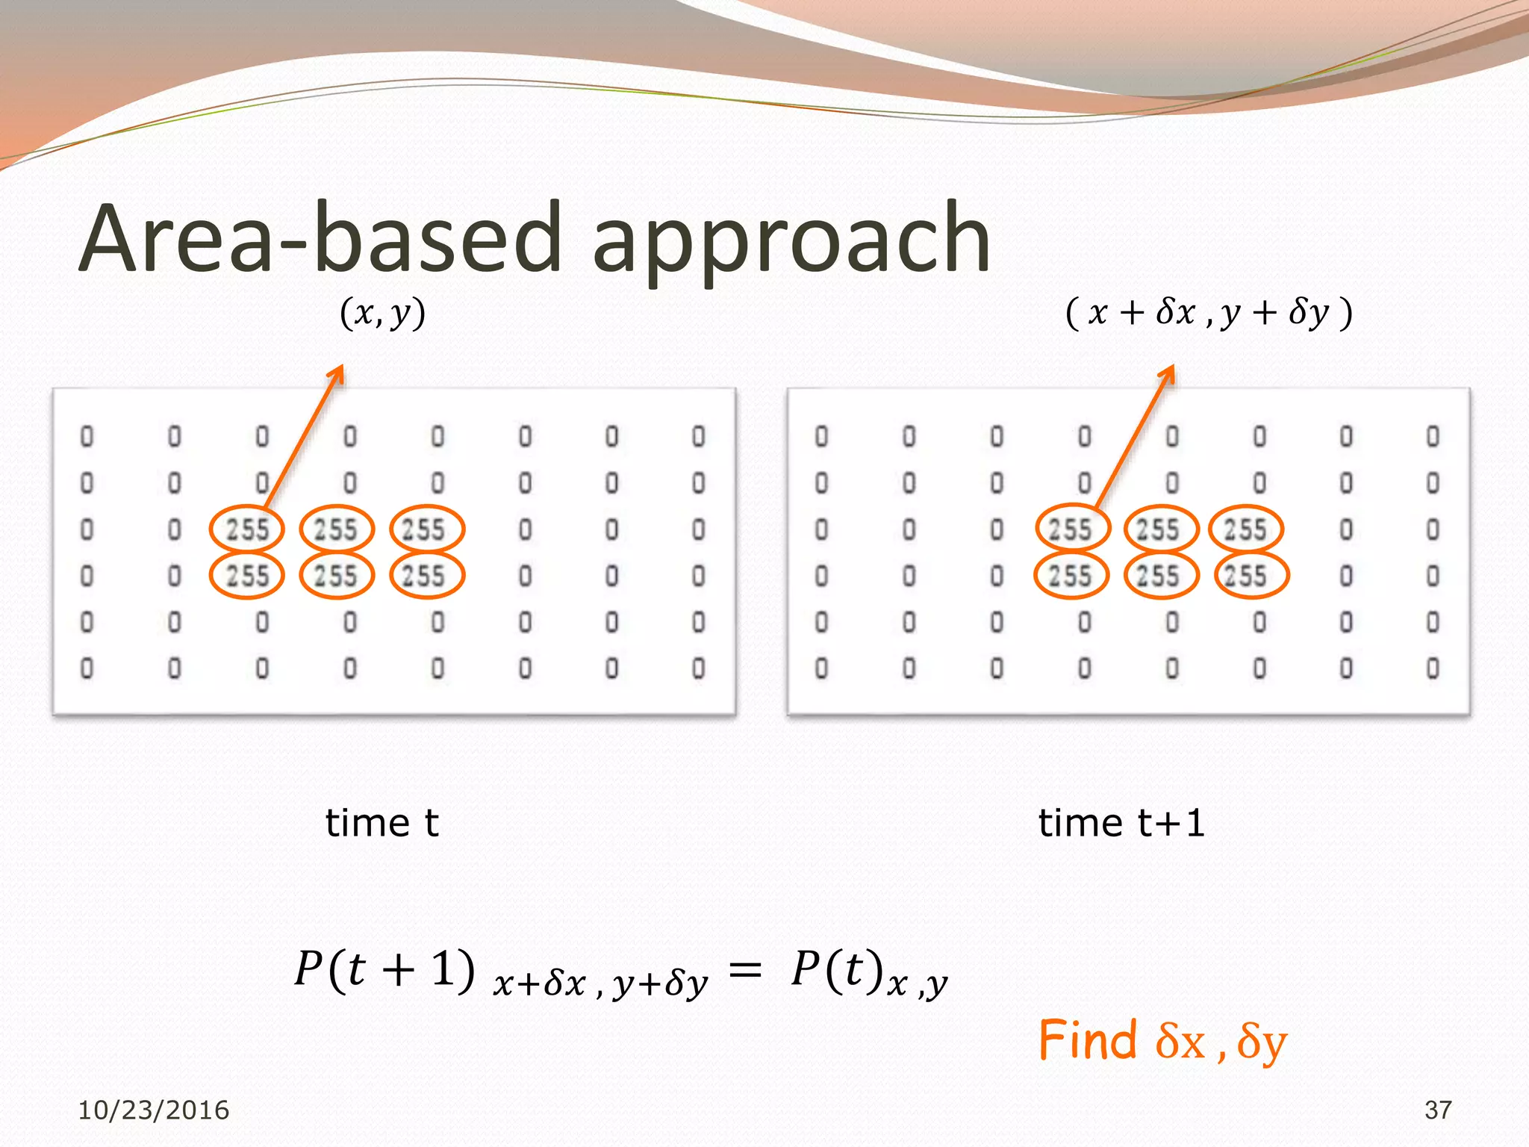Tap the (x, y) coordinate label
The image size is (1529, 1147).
383,313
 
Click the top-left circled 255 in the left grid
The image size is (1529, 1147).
247,529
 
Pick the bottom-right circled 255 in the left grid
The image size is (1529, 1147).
427,576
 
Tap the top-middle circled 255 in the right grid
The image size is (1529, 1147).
1161,529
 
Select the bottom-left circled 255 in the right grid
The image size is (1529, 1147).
1071,576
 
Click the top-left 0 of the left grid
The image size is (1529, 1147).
87,436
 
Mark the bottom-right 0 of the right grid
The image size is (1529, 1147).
1433,668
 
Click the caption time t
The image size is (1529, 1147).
382,823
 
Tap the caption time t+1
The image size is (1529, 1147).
1121,823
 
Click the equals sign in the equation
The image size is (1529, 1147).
745,970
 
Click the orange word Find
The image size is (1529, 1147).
1087,1040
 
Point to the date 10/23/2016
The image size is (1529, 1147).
154,1110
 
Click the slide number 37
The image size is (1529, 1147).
1438,1110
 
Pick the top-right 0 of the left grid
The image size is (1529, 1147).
698,436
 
